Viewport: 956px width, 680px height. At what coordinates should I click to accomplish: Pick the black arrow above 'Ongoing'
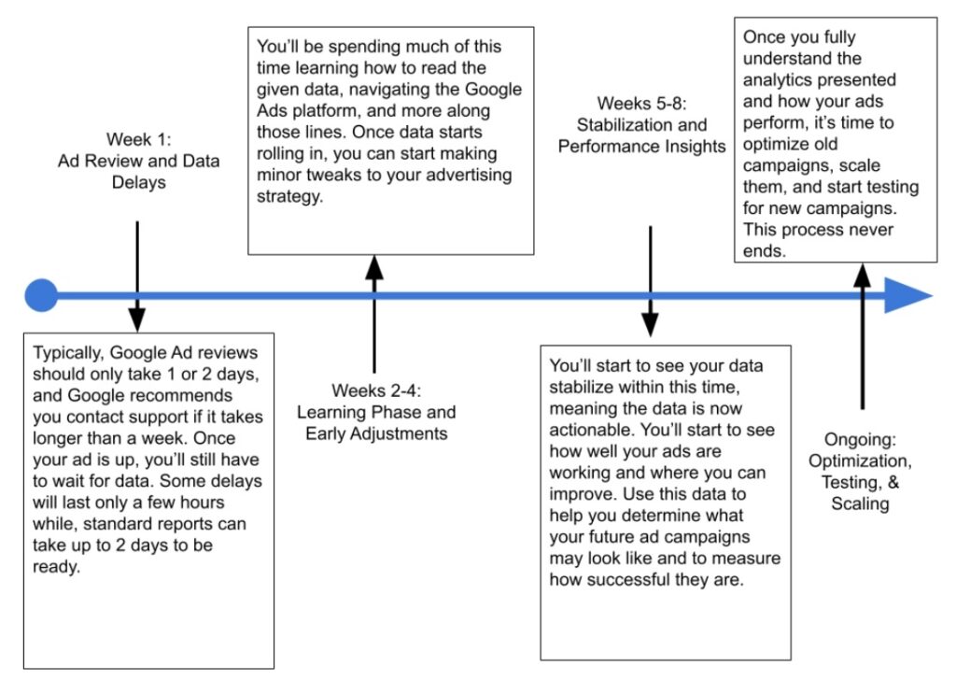coord(862,336)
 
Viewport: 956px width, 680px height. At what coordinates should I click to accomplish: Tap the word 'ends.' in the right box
coord(764,250)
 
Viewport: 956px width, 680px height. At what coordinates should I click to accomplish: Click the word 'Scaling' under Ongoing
coord(861,503)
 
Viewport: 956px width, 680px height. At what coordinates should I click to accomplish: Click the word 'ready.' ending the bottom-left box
coord(55,567)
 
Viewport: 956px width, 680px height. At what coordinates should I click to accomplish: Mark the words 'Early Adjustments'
coord(374,433)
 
